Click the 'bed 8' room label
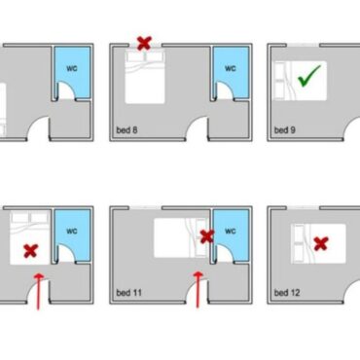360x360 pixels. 126,130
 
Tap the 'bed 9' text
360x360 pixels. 285,130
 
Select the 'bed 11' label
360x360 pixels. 128,293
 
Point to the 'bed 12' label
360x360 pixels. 287,293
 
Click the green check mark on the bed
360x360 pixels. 309,76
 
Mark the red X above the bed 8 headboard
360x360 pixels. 144,43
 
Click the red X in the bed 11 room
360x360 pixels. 207,236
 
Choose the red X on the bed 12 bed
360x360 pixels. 321,243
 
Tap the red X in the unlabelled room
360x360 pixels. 31,251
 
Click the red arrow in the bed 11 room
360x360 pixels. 198,290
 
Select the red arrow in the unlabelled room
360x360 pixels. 39,291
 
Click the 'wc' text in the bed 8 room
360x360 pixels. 231,68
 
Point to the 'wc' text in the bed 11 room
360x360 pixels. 231,231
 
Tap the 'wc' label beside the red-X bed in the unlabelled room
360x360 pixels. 72,231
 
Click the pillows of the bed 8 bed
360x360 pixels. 145,56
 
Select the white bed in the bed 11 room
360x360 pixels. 181,238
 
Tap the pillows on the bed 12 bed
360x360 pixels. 299,243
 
